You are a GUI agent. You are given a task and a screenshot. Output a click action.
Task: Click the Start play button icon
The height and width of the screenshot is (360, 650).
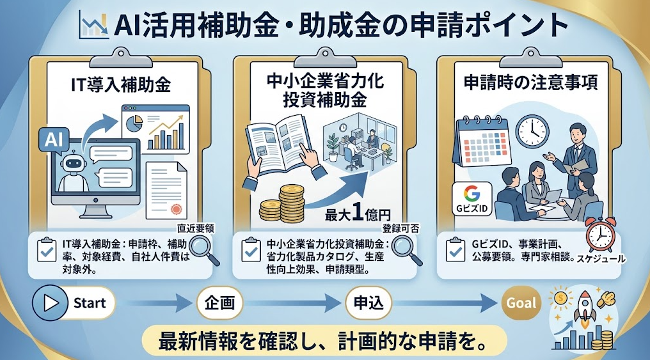pos(50,303)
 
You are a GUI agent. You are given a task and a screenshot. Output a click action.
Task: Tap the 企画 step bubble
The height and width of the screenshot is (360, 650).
pos(219,303)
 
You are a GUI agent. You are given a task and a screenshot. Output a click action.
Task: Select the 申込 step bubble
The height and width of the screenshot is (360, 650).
pos(369,303)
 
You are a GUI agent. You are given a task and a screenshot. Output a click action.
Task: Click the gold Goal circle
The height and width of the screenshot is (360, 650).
pos(521,303)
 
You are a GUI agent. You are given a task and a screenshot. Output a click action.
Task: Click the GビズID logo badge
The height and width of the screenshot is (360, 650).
pos(472,199)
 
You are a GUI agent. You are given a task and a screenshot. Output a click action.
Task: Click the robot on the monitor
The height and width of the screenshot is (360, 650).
pos(74,171)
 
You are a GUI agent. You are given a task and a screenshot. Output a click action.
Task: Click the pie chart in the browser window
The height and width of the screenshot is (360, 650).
pos(134,123)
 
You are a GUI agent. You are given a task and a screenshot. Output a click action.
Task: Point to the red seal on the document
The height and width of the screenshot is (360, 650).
pos(176,209)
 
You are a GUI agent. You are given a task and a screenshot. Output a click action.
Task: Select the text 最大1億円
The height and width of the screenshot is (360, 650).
pos(358,214)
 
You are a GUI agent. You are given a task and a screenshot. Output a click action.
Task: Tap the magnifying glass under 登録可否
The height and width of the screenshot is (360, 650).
pos(407,250)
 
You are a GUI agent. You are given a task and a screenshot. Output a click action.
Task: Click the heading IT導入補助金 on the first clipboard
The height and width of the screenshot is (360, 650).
pos(121,84)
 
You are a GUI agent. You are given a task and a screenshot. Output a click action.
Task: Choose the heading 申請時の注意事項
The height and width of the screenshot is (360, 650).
pos(530,82)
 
